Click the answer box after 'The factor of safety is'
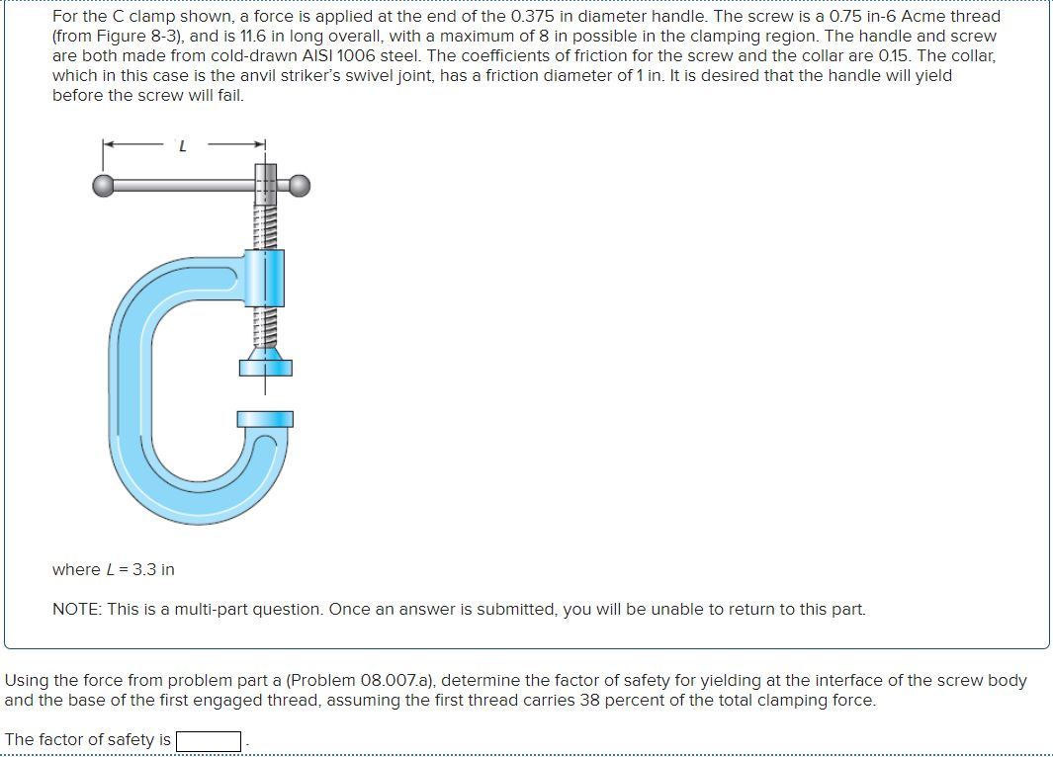click(209, 740)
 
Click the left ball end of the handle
click(104, 184)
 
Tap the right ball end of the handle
click(300, 184)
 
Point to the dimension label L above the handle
click(181, 147)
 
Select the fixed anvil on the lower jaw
click(265, 419)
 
